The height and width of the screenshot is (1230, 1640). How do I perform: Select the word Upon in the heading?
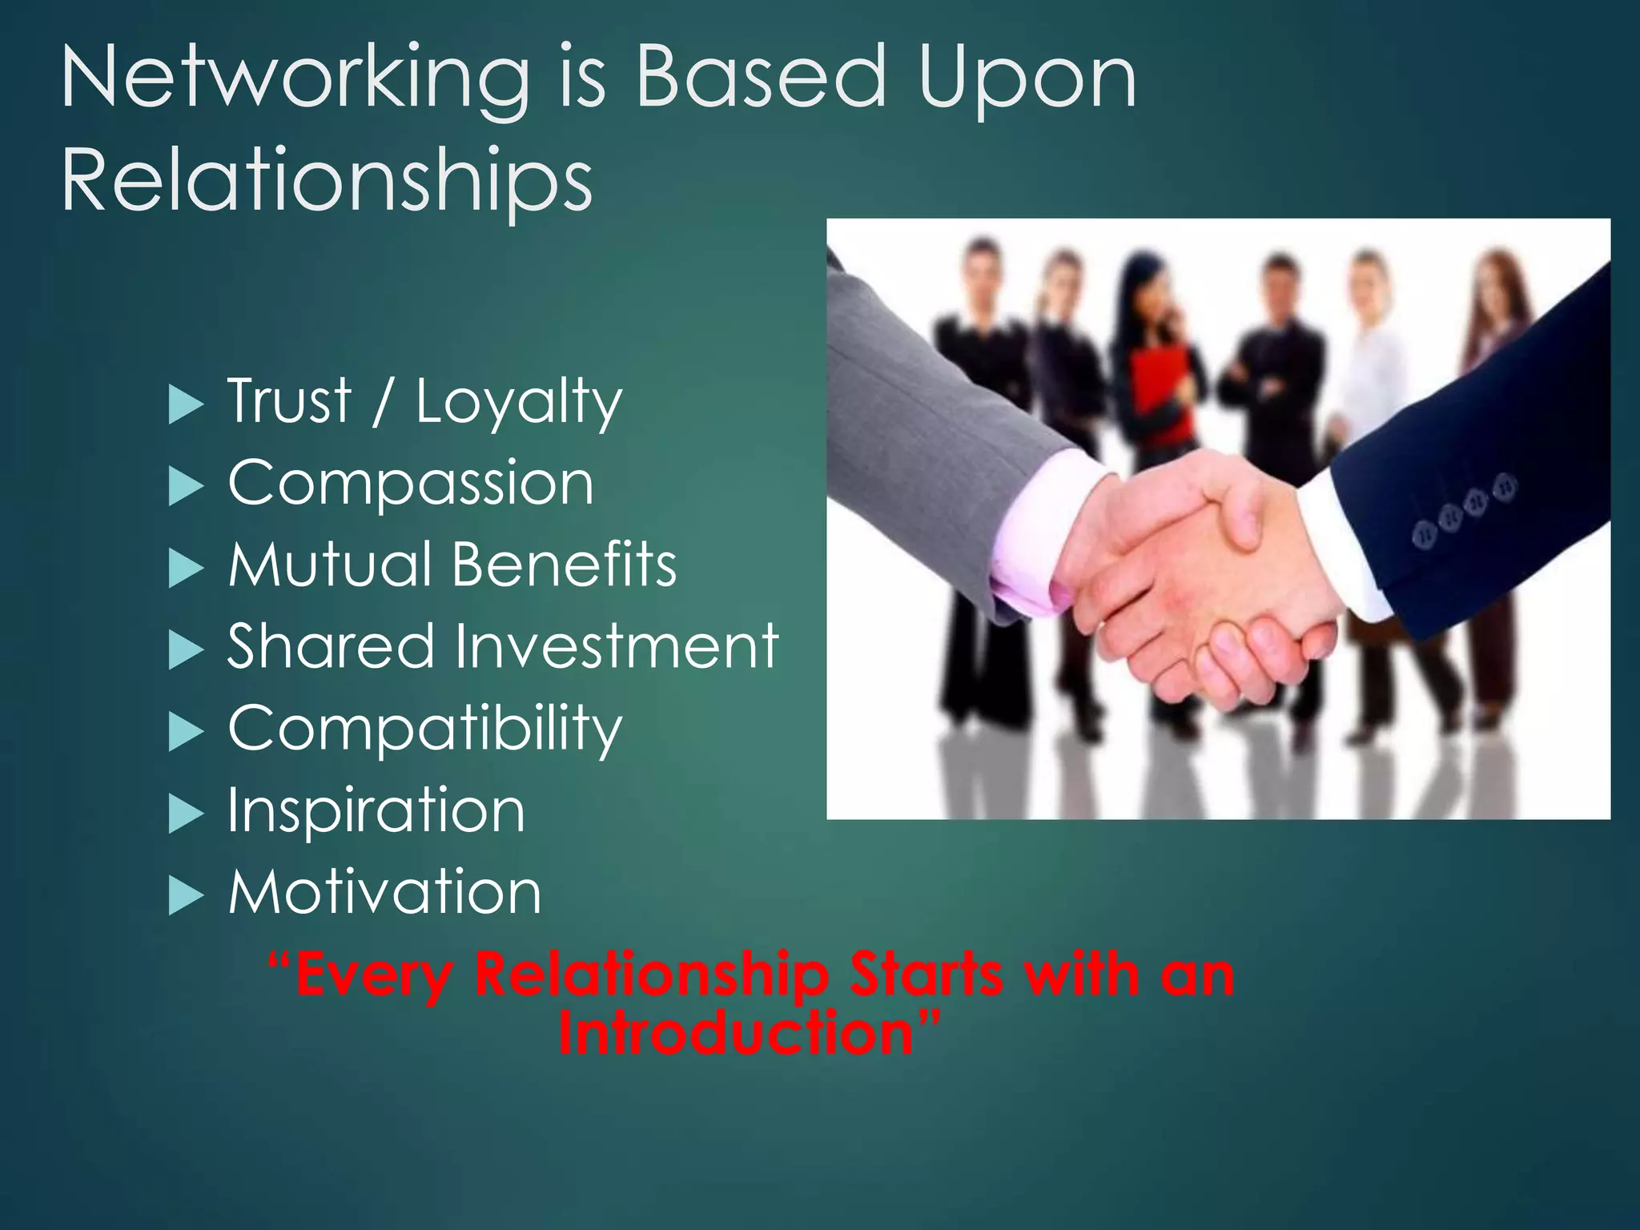pos(1027,78)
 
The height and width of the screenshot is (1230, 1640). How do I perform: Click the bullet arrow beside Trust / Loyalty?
pos(187,405)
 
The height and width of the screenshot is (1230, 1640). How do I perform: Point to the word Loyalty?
pos(518,402)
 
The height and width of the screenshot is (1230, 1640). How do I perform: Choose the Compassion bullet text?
pos(411,484)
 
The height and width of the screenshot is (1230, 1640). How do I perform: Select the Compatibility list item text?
pos(424,729)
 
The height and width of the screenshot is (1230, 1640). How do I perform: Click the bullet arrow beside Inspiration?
pos(187,815)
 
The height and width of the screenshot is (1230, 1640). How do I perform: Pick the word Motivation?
pos(385,892)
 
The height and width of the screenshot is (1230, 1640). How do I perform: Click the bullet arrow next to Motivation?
pos(187,897)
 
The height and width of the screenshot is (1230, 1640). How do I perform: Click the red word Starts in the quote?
pos(927,975)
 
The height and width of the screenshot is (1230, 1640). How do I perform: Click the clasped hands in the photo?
pos(1201,577)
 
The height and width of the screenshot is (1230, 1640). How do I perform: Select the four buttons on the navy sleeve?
pos(1465,509)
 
